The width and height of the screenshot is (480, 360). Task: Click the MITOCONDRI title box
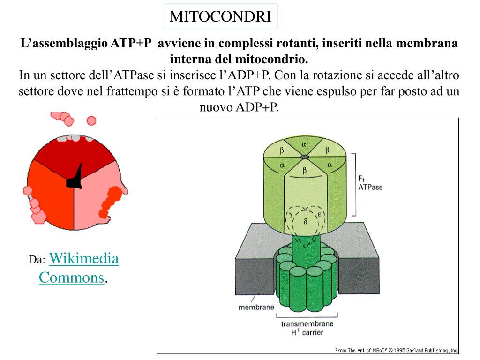(220, 16)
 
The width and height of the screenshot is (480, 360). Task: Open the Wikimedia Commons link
(78, 268)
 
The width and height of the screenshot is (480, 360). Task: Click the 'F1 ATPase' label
(370, 182)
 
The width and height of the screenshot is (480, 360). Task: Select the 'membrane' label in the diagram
(256, 308)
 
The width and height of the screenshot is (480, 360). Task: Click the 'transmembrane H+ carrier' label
(307, 328)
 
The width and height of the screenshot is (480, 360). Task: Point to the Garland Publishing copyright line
(396, 350)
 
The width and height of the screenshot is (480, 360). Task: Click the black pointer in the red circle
(75, 178)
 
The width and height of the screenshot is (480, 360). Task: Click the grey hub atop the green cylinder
(304, 157)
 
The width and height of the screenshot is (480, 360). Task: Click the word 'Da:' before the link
(37, 260)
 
